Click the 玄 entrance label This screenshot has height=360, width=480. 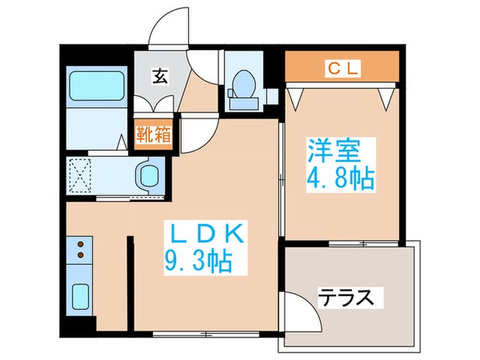(159, 76)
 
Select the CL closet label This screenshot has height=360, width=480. (341, 67)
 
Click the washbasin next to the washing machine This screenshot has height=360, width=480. (146, 175)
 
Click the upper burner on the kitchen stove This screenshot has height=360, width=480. (82, 245)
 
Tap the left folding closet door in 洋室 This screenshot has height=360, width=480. (296, 97)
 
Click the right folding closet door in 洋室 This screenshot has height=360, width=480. (386, 97)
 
